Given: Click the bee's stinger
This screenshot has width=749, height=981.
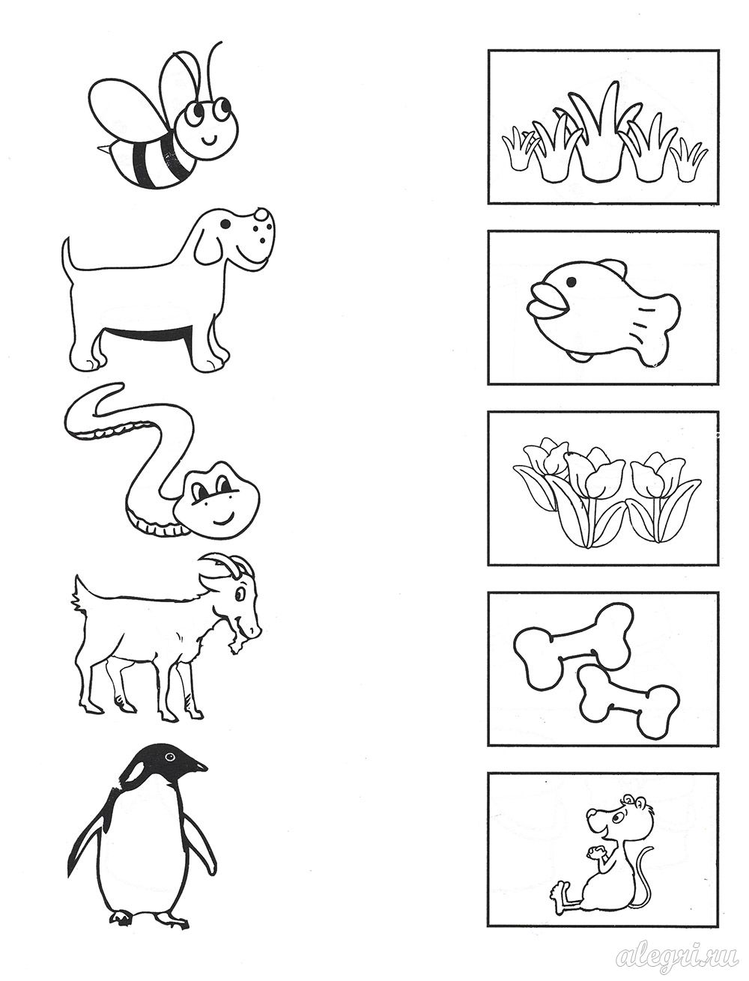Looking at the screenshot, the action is [102, 147].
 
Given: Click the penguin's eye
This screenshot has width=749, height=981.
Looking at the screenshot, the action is [169, 756].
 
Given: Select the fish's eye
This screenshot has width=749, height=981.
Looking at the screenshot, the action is [571, 282].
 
